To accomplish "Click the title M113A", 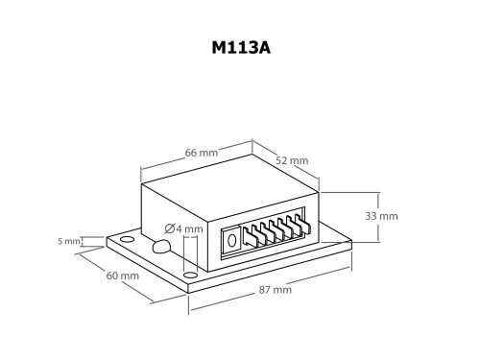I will [240, 45].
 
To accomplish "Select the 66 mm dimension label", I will [201, 152].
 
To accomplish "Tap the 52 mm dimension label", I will [292, 159].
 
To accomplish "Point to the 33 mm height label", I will [381, 216].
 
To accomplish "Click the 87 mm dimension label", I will [275, 289].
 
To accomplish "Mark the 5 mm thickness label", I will [67, 241].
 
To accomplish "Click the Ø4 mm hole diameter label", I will [184, 228].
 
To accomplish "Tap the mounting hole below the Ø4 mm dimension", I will [189, 275].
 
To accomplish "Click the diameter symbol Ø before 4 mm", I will [171, 228].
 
